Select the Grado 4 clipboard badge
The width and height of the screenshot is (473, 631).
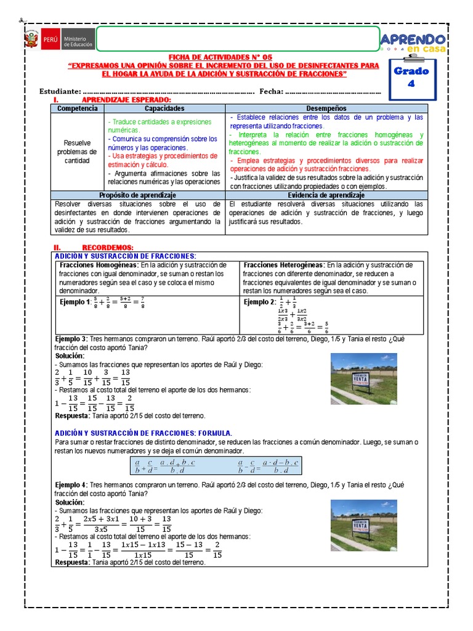tap(412, 78)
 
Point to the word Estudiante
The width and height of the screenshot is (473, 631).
tap(60, 92)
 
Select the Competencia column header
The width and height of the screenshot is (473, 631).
tap(77, 108)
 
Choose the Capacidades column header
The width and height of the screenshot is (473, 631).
tap(164, 108)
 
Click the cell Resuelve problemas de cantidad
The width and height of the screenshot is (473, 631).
tap(77, 152)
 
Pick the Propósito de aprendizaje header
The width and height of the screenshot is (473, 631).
tap(139, 195)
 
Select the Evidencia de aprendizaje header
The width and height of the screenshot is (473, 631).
tap(326, 195)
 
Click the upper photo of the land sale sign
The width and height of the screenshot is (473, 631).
tap(363, 378)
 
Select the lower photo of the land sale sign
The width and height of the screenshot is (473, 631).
tap(363, 525)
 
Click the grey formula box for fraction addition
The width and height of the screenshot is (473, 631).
tap(216, 465)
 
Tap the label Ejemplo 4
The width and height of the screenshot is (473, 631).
tap(70, 485)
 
